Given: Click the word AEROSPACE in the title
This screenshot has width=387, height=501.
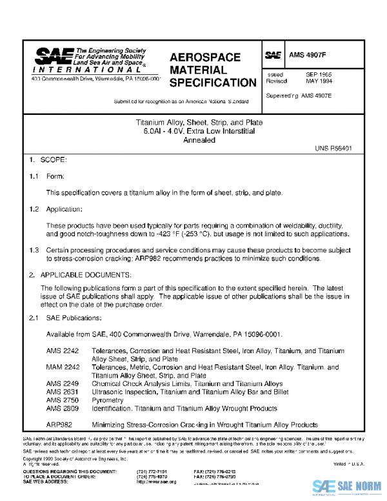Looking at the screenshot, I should tap(204, 57).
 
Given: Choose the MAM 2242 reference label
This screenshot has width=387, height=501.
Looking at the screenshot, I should tap(63, 367).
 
